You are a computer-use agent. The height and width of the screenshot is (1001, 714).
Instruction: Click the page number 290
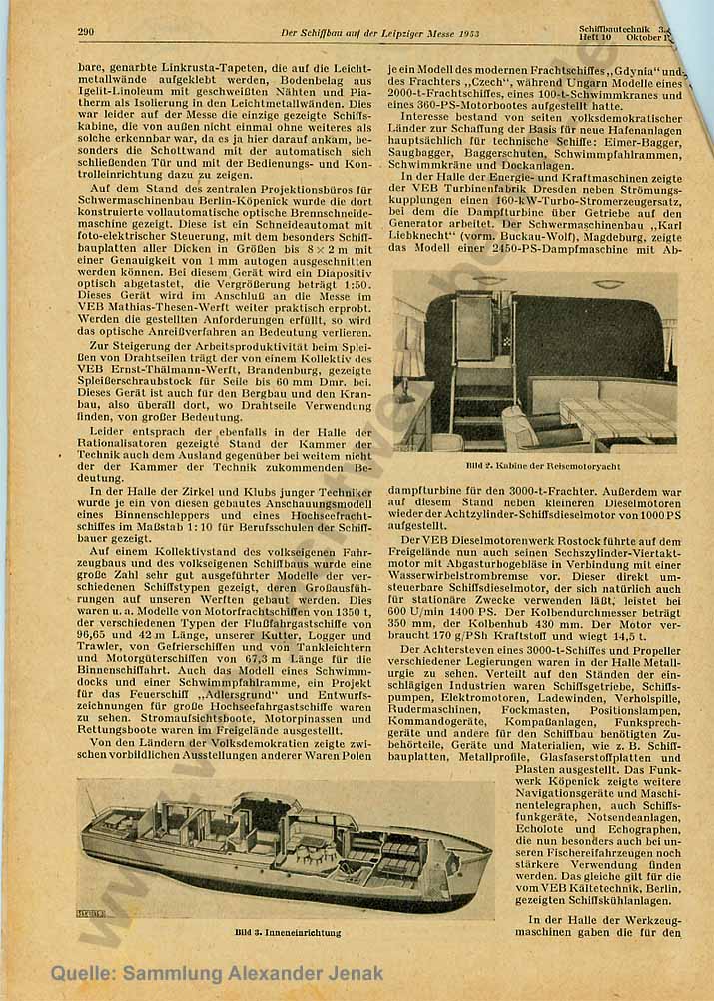(x=85, y=33)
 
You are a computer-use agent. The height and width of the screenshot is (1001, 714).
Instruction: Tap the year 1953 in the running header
(x=466, y=34)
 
